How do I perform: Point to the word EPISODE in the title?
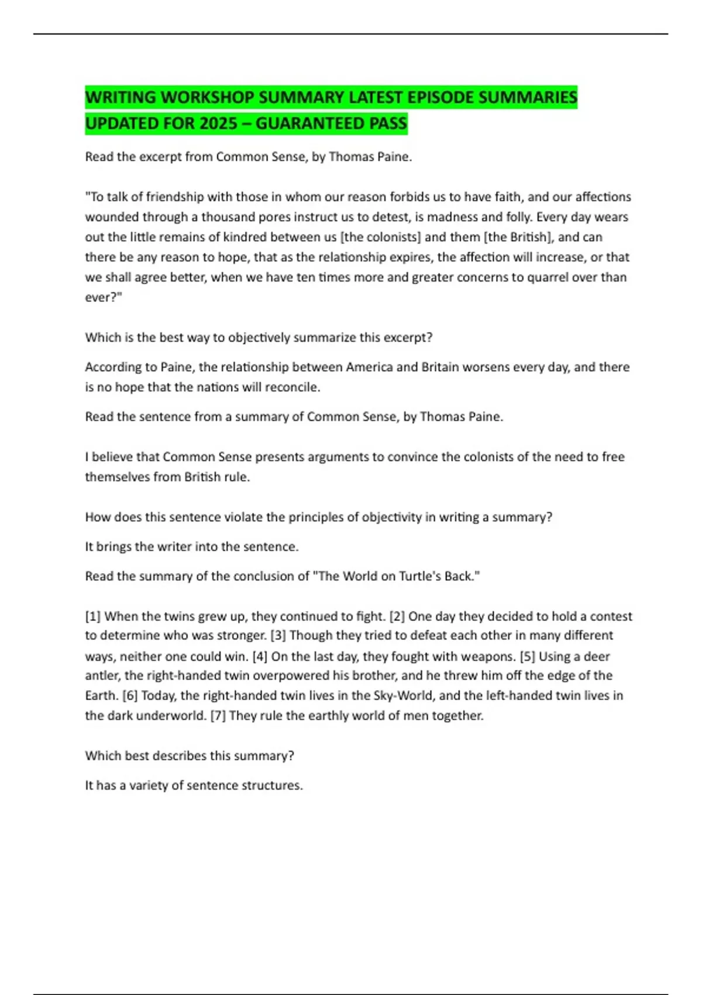click(441, 97)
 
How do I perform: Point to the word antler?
click(102, 676)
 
